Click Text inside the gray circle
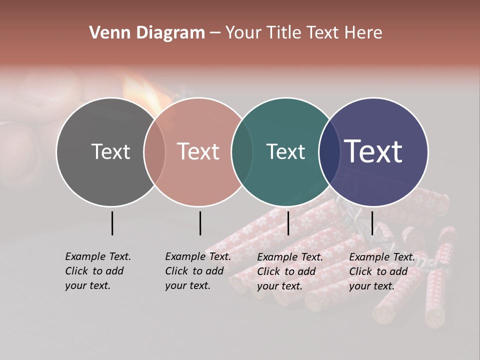pos(110,151)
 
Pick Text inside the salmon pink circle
pos(198,151)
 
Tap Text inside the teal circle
pos(285,151)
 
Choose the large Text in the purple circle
pos(373,151)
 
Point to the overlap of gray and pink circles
pos(154,152)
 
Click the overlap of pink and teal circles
pos(242,152)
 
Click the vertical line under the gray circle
pos(112,223)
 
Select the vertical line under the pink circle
pos(200,223)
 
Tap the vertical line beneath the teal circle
pos(288,223)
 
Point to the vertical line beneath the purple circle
pos(372,223)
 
